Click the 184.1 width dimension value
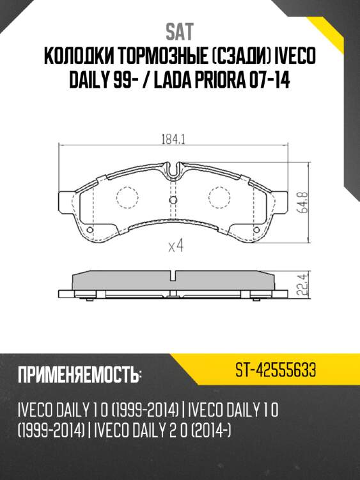tap(170, 136)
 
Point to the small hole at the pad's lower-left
tap(90, 230)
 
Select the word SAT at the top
tap(180, 31)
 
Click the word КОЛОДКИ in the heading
tap(80, 58)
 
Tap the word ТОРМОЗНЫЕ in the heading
tap(163, 58)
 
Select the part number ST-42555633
tap(274, 372)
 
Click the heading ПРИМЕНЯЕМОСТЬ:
tap(80, 374)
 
